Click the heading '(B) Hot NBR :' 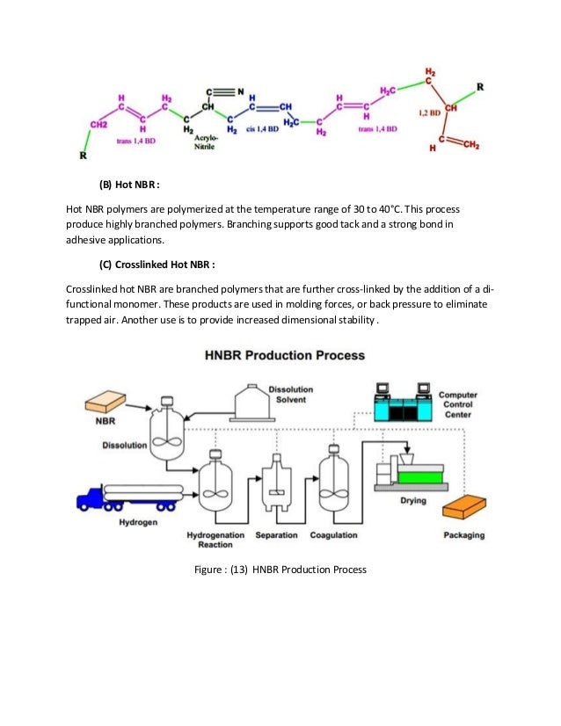pos(122,185)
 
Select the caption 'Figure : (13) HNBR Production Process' pos(280,569)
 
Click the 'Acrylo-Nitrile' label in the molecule pos(205,142)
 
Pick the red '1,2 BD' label pos(430,113)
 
